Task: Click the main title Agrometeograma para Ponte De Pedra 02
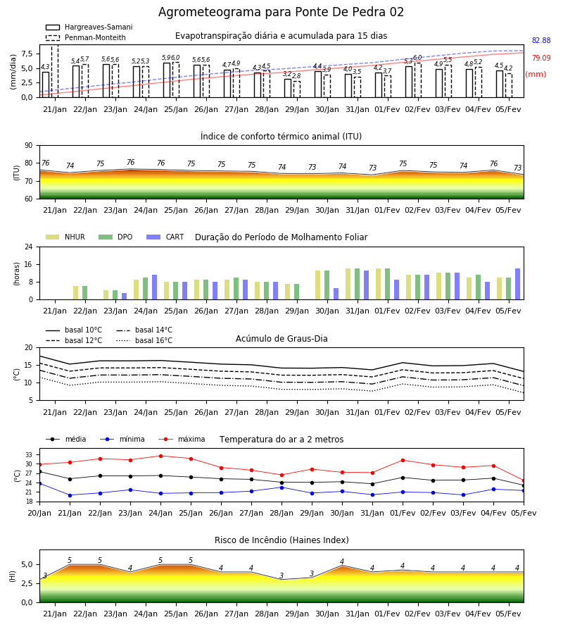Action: [x=281, y=12]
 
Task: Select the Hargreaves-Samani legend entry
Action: [x=89, y=27]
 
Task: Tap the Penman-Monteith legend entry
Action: [x=86, y=37]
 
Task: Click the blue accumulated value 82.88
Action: [x=541, y=40]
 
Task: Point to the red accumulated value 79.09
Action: [x=541, y=58]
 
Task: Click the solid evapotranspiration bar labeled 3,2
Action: [x=288, y=88]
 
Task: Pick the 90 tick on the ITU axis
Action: [x=29, y=146]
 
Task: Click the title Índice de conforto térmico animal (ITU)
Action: [x=281, y=136]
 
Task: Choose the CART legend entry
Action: [x=165, y=237]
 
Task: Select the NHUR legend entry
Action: [x=65, y=237]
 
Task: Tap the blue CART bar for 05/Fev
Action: [x=518, y=284]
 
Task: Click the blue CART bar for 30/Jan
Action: [x=336, y=294]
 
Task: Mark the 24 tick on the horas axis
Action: [x=29, y=247]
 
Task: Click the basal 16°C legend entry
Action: [x=144, y=340]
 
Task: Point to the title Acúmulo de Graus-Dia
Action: [x=281, y=339]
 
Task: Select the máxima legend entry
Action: [x=182, y=439]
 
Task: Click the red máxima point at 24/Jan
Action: [x=160, y=456]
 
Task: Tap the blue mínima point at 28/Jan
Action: [x=282, y=487]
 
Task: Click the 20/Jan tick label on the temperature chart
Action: [x=39, y=513]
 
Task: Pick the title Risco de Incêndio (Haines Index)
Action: [x=281, y=540]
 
